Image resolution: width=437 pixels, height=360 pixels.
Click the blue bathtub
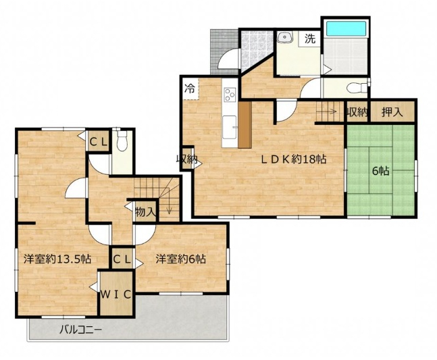[x=346, y=28]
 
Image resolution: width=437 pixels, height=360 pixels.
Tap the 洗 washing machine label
[x=309, y=38]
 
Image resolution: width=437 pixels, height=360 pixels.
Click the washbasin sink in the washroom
[x=284, y=37]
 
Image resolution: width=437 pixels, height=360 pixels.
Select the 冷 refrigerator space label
[x=190, y=88]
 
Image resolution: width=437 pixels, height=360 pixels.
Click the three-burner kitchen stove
[x=230, y=94]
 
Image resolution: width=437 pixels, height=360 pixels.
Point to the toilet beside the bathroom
[x=357, y=88]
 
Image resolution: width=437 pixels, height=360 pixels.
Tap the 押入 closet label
[x=392, y=112]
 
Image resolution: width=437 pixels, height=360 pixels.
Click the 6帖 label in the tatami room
[x=381, y=171]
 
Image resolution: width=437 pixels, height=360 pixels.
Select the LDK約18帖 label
[x=293, y=159]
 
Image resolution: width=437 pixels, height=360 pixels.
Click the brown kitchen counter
[x=245, y=125]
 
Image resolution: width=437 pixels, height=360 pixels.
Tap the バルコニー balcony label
[x=81, y=330]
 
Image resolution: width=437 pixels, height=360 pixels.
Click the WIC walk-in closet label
[x=115, y=294]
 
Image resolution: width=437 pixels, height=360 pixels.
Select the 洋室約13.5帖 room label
[x=57, y=259]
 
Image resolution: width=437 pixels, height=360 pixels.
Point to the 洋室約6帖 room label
[x=180, y=259]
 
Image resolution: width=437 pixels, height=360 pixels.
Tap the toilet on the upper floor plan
[x=122, y=140]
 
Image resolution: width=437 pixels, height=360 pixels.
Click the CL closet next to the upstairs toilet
[x=98, y=143]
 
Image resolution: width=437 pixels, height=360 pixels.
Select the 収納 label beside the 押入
[x=357, y=112]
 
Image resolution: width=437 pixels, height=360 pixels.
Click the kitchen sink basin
[x=230, y=127]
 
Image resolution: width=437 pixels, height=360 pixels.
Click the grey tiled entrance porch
[x=224, y=51]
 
